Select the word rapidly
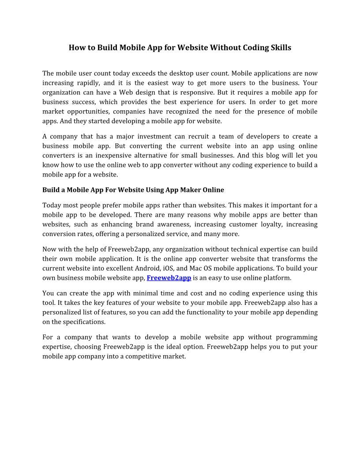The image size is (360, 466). (86, 83)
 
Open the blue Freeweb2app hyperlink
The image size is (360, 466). (169, 278)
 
